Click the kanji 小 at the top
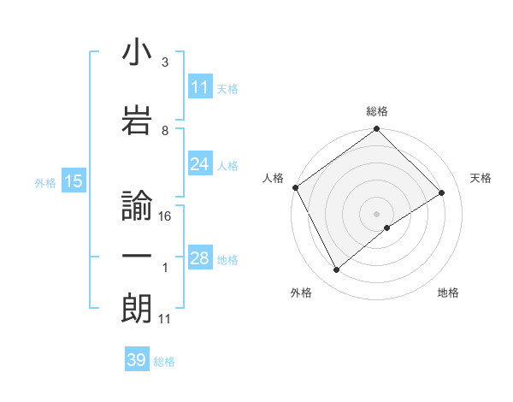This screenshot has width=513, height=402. (x=137, y=53)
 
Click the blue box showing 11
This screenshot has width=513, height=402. (x=200, y=87)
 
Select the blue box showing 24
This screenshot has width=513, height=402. (x=200, y=164)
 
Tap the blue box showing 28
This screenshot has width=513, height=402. (x=200, y=258)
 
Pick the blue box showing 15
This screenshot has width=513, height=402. (x=72, y=181)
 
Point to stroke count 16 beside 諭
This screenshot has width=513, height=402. (x=166, y=216)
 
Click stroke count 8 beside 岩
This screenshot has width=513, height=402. (x=165, y=131)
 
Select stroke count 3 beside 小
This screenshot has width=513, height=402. (x=165, y=62)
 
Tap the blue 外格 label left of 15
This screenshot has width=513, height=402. (x=45, y=182)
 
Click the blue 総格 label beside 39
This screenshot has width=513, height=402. (x=165, y=362)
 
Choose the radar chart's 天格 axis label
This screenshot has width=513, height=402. (x=481, y=178)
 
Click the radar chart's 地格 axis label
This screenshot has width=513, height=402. (x=448, y=293)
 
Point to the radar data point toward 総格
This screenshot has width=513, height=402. (x=376, y=130)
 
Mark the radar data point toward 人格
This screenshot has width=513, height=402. (x=295, y=187)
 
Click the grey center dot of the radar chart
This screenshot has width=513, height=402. (x=376, y=213)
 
